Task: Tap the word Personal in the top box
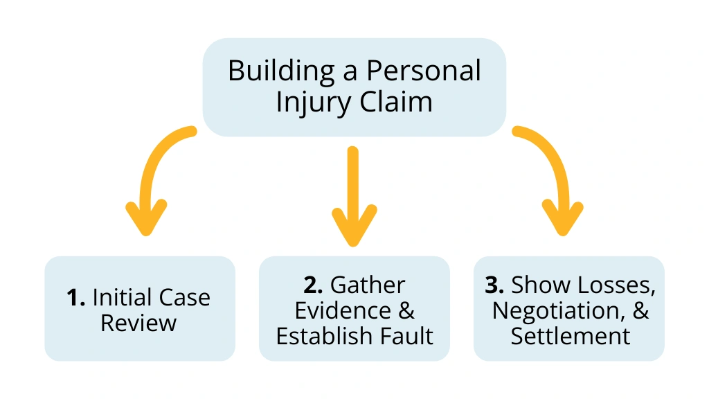(424, 71)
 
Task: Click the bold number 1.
(75, 298)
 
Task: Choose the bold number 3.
(496, 285)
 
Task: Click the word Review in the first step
(138, 323)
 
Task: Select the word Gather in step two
(368, 285)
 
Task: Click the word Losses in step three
(618, 285)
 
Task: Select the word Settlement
(570, 337)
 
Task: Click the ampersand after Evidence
(406, 311)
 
